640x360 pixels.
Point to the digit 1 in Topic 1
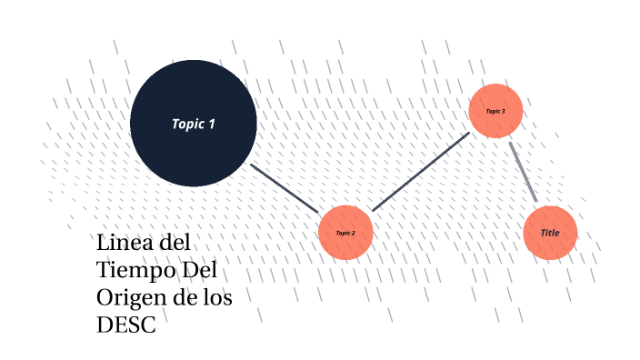tap(212, 124)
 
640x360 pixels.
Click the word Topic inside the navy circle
tap(187, 124)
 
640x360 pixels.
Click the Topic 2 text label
tap(345, 234)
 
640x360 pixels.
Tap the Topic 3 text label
tap(495, 111)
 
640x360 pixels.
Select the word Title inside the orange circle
tap(550, 233)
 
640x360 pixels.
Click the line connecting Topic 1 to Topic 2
tap(284, 188)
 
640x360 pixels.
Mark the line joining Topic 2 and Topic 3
tap(420, 172)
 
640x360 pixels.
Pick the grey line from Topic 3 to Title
tap(523, 171)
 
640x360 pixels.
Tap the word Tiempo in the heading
tap(136, 271)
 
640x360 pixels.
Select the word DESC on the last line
tap(126, 325)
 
